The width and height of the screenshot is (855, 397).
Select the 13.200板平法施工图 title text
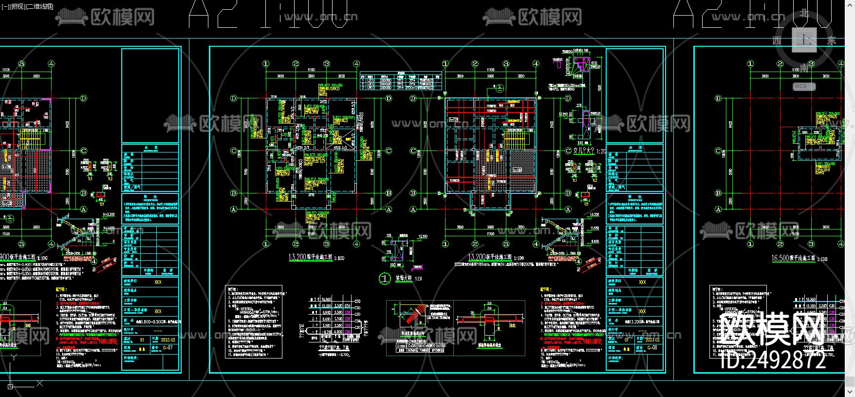tap(490, 257)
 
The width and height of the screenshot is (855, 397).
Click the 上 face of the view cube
tap(804, 39)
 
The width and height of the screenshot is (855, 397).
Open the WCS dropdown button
tap(804, 86)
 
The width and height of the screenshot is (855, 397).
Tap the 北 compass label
tap(804, 13)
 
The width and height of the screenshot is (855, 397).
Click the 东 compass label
tap(831, 40)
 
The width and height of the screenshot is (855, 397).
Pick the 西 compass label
tap(777, 40)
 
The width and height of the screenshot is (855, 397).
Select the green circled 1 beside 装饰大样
tap(385, 279)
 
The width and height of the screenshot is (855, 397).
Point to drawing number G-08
tap(652, 348)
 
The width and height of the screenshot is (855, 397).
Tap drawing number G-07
tap(167, 347)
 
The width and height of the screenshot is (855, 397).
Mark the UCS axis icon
tap(11, 384)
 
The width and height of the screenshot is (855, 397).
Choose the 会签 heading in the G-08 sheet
tap(635, 147)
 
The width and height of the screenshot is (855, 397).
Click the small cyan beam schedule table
tap(400, 81)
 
